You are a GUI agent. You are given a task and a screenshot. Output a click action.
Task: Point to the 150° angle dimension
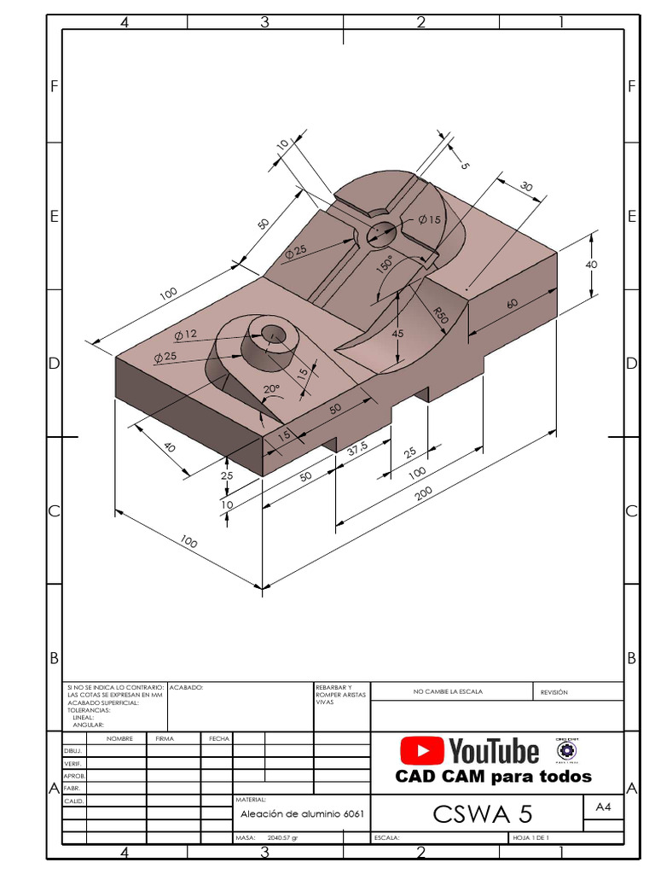click(385, 265)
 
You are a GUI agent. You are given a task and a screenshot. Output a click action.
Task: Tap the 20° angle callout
click(271, 389)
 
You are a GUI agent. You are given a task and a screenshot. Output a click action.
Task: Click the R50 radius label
click(440, 314)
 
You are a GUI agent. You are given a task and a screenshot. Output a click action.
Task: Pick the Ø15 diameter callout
click(429, 219)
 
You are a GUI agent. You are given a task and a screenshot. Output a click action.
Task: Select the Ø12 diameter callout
click(185, 334)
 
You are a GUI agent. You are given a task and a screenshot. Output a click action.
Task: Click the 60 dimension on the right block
click(511, 303)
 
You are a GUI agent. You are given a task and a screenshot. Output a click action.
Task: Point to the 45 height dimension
click(397, 334)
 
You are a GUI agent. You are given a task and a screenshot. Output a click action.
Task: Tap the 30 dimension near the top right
click(525, 187)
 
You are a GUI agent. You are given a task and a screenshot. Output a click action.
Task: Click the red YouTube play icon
click(421, 751)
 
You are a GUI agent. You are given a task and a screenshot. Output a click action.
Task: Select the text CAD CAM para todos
click(493, 777)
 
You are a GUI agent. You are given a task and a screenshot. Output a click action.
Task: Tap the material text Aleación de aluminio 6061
click(302, 814)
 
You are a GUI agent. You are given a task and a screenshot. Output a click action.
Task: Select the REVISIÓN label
click(554, 692)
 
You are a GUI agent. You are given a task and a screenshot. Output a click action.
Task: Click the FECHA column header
click(217, 738)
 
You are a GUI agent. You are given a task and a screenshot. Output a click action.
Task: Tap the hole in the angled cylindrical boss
click(274, 333)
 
